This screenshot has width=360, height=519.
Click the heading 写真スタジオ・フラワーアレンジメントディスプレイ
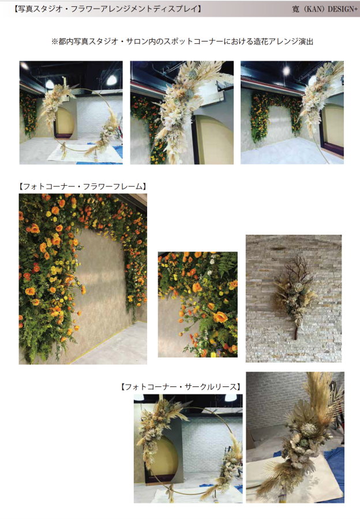[x=108, y=9]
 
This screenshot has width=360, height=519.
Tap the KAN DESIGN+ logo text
[x=325, y=9]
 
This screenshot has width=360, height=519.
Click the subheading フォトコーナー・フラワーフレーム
[x=83, y=187]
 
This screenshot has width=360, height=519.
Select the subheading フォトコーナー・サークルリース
[x=181, y=386]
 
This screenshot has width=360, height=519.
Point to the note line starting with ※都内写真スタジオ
[x=182, y=42]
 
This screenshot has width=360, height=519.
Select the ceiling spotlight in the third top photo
[x=287, y=70]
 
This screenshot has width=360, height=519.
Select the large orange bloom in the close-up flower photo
[x=220, y=317]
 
